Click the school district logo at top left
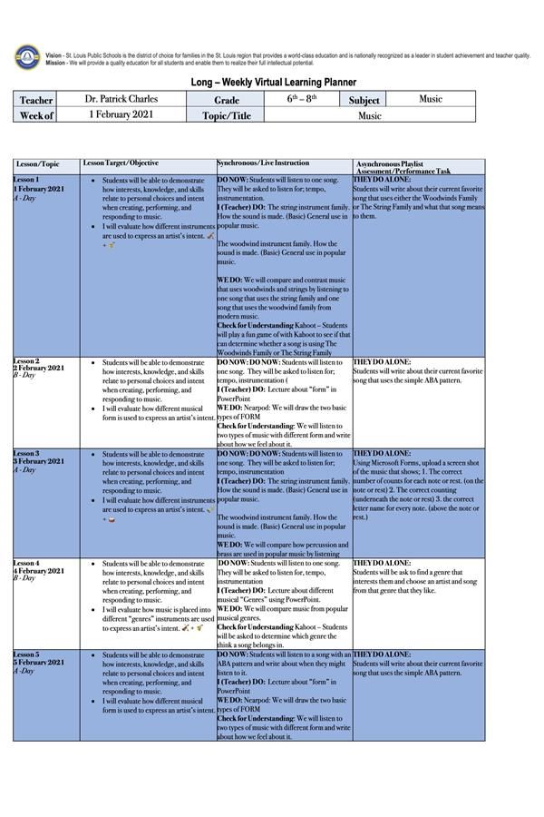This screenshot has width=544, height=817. (27, 57)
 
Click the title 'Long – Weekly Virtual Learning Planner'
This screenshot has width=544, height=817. (273, 82)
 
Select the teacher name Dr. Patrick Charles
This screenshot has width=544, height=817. (121, 99)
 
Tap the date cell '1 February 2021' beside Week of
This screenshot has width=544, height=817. (121, 115)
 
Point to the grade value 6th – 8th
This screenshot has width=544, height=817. (302, 99)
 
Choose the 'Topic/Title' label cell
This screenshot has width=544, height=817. (226, 116)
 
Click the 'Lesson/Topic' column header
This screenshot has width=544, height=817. (37, 164)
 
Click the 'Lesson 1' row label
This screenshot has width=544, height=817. (26, 180)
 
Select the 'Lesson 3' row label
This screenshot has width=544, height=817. (26, 452)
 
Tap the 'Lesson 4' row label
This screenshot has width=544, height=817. (26, 563)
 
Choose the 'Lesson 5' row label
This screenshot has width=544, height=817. (26, 654)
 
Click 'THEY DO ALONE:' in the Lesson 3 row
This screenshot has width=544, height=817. (382, 453)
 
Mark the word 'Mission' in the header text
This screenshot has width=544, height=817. (55, 63)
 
